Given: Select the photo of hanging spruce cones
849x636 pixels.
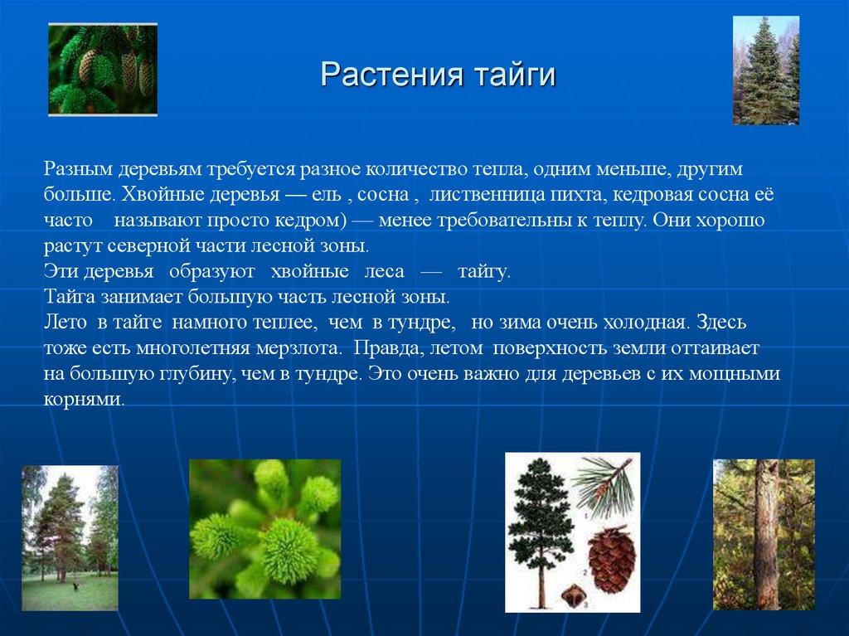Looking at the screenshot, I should tap(102, 70).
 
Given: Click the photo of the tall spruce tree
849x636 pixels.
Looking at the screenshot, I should tap(765, 70).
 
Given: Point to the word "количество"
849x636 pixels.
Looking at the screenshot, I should tap(424, 169).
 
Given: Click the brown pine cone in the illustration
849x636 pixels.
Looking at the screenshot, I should tap(612, 561).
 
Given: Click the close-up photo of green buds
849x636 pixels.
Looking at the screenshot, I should tap(264, 529).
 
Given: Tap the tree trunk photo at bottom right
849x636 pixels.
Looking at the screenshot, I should tap(764, 534).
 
